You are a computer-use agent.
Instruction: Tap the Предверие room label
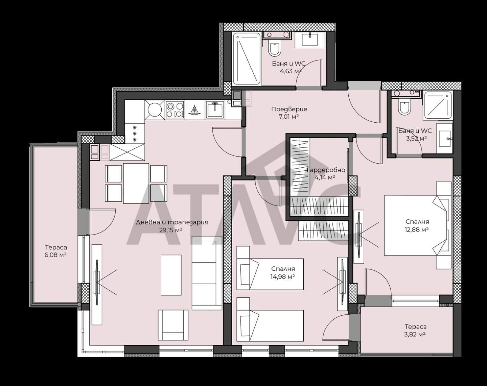[289, 109]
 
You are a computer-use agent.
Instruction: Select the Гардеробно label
[326, 170]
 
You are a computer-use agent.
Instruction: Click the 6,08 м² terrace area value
[56, 255]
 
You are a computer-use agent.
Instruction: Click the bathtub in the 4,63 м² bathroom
[247, 59]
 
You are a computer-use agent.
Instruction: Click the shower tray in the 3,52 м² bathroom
[438, 105]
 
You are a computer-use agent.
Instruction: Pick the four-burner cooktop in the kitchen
[175, 110]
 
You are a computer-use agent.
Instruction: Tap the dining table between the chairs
[136, 183]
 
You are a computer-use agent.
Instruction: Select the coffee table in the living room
[171, 275]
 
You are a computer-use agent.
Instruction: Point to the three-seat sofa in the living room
[207, 273]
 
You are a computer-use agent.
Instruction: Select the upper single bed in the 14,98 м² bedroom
[270, 274]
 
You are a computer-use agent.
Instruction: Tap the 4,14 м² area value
[325, 177]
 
